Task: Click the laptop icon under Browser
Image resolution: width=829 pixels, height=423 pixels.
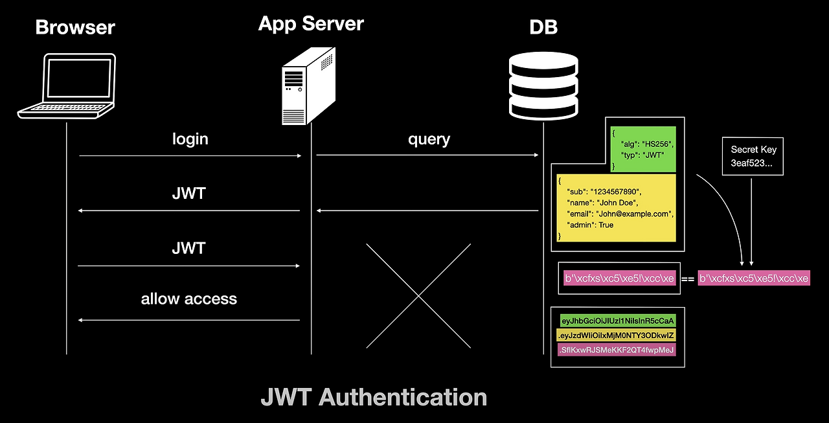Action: click(x=67, y=86)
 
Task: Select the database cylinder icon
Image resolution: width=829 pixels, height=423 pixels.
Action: click(x=543, y=84)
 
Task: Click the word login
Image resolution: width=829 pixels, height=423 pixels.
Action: click(x=190, y=139)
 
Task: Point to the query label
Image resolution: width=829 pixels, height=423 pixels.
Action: click(x=429, y=139)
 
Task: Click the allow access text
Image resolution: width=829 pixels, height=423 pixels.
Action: click(x=188, y=299)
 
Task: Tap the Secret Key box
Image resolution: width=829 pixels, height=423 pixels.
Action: click(x=753, y=155)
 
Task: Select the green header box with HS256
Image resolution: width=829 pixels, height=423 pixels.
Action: click(x=642, y=149)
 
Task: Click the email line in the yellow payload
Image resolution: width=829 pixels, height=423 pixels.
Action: click(x=620, y=213)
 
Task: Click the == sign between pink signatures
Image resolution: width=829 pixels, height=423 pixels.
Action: click(x=688, y=279)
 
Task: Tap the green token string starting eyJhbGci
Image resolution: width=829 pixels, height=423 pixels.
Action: click(x=618, y=320)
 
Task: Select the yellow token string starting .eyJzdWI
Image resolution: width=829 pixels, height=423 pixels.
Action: click(x=616, y=335)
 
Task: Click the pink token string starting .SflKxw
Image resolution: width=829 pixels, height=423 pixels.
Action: click(x=616, y=350)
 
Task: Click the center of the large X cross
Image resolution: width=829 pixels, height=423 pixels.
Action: click(x=418, y=295)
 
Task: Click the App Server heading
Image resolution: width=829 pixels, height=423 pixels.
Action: click(x=311, y=24)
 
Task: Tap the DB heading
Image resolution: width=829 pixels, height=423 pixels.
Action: click(x=543, y=27)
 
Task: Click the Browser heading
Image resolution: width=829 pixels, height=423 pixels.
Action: click(x=75, y=27)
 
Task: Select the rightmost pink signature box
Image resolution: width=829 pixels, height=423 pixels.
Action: click(x=754, y=279)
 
